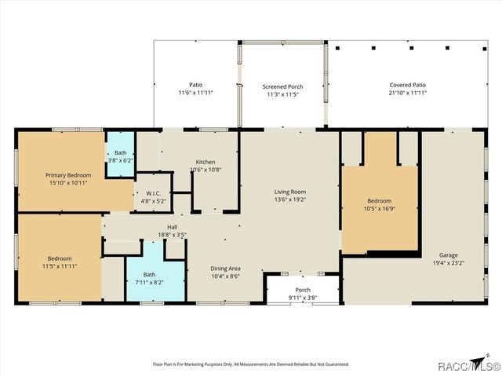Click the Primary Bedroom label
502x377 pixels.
(67, 175)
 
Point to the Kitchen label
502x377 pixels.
(206, 162)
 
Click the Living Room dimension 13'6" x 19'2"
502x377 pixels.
(289, 199)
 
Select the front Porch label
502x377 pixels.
(302, 290)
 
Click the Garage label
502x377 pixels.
(449, 255)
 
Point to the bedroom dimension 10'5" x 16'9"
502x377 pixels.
(380, 210)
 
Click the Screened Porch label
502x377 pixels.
(282, 86)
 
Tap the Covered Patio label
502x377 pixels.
(408, 85)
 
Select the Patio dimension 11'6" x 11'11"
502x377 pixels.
(195, 93)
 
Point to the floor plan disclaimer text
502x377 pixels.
(250, 364)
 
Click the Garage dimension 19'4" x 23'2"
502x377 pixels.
(449, 264)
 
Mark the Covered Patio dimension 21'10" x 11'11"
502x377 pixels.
(408, 93)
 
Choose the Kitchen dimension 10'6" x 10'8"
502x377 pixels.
(206, 170)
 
